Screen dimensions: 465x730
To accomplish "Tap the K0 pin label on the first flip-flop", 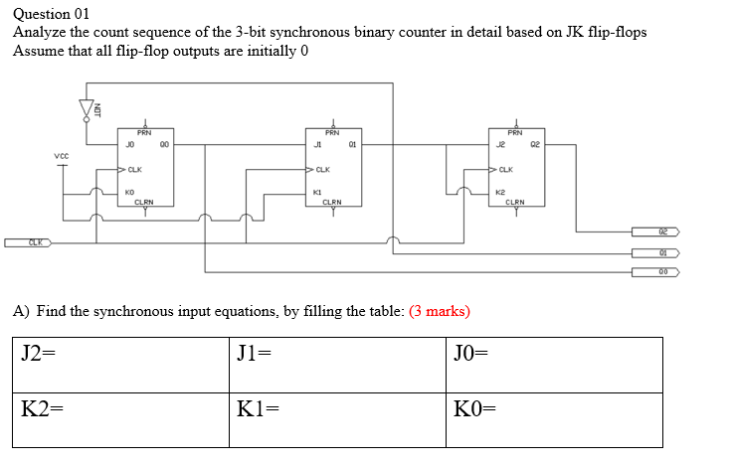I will point(130,192).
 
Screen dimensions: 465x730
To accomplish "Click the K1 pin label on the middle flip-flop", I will point(317,192).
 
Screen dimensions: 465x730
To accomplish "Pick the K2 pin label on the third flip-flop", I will point(503,192).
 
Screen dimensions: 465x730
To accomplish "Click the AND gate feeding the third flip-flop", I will point(463,192).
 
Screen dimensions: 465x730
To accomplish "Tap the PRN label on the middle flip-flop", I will point(331,132).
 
